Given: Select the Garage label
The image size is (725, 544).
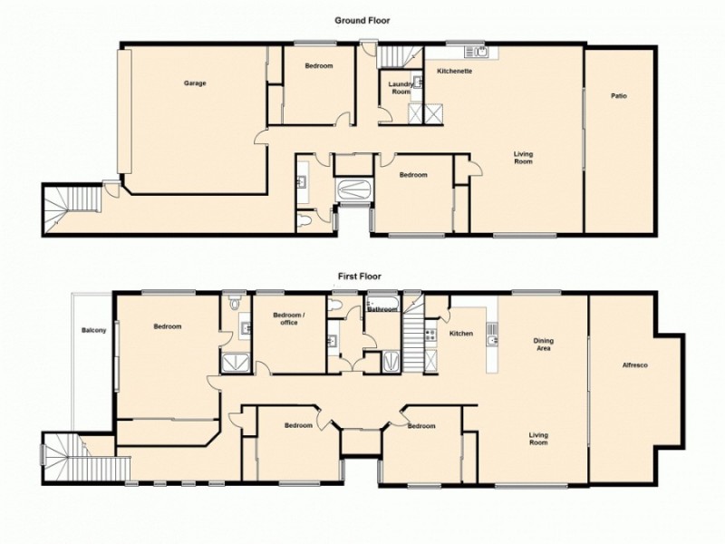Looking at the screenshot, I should pyautogui.click(x=195, y=83).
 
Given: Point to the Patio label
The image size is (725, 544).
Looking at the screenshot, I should pyautogui.click(x=618, y=95).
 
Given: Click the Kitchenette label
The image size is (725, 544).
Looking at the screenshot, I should pyautogui.click(x=454, y=71).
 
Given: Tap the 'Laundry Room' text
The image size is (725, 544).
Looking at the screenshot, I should pyautogui.click(x=401, y=88).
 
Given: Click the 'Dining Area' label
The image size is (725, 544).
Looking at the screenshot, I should pyautogui.click(x=544, y=344).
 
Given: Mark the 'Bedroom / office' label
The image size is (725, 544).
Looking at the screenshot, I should pyautogui.click(x=288, y=319).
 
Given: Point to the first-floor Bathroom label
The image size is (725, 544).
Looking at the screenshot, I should pyautogui.click(x=382, y=310).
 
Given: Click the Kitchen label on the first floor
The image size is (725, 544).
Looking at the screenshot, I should pyautogui.click(x=461, y=334).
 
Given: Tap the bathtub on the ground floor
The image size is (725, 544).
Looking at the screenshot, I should pyautogui.click(x=353, y=191).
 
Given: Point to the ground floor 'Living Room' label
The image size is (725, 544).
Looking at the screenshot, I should pyautogui.click(x=523, y=158).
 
